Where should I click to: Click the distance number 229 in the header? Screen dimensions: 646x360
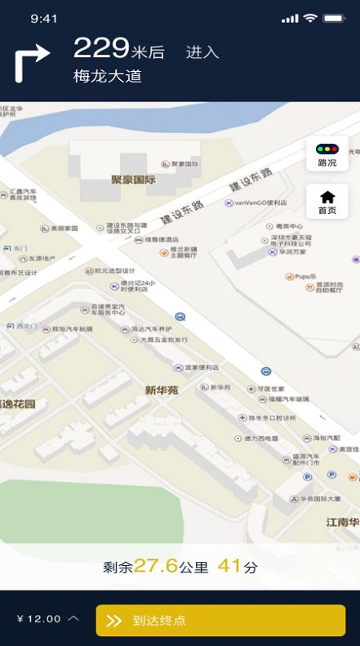(101, 48)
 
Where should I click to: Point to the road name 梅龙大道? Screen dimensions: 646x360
(108, 77)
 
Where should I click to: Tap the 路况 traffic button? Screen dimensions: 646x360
(327, 154)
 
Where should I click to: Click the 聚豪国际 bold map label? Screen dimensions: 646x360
(133, 179)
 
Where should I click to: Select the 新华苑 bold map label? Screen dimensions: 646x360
(162, 390)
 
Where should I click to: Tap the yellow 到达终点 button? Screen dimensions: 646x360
(220, 620)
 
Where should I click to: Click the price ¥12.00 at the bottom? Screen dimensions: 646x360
(39, 619)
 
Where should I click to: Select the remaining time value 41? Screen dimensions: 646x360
(230, 566)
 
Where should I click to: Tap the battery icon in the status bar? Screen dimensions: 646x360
(334, 18)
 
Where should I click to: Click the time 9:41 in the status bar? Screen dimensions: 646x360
(43, 18)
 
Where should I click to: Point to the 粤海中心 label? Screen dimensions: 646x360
(289, 226)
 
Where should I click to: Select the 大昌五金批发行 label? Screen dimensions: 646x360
(163, 339)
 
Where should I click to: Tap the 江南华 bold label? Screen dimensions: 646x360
(343, 522)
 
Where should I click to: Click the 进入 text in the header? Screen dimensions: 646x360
(202, 52)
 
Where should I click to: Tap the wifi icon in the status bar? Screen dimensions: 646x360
(310, 18)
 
